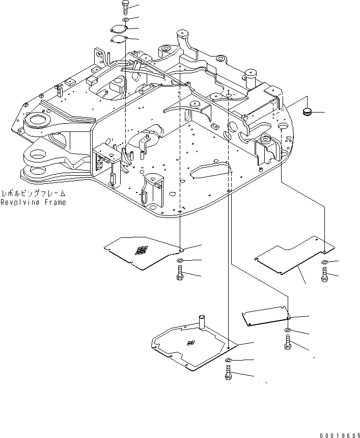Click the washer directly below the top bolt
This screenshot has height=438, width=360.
coord(126,21)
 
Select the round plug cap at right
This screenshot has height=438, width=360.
coord(308,111)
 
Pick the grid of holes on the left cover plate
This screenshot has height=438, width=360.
coord(141,250)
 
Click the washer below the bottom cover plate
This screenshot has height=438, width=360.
coord(228,361)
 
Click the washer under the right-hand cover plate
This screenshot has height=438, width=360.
coord(324,263)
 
